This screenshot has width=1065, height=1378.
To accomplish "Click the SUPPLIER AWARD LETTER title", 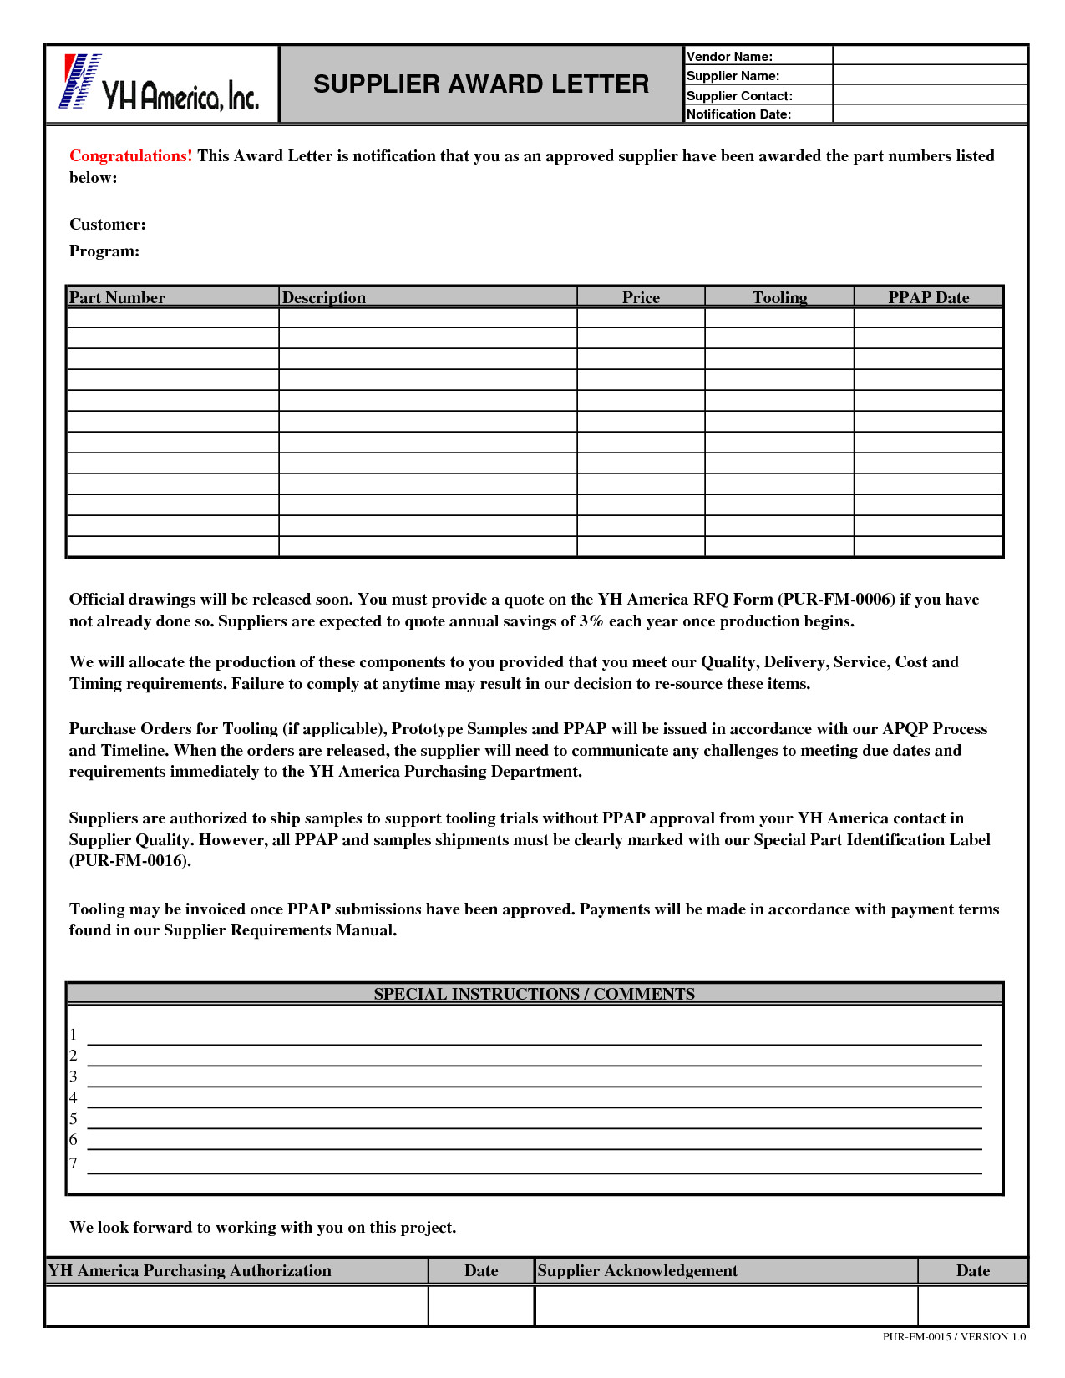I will (x=481, y=84).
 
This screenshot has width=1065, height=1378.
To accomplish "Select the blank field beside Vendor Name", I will (x=930, y=56).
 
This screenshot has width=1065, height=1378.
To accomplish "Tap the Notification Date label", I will (x=738, y=114).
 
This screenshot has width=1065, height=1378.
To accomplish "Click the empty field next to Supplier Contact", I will (x=930, y=95).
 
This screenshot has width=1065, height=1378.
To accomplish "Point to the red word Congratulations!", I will (x=130, y=156).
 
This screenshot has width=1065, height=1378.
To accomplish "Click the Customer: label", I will (x=107, y=225).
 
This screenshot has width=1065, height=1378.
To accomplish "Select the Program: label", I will (x=104, y=251).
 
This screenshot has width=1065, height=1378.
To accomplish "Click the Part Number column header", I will (x=117, y=297).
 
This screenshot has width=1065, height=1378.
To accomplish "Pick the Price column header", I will (x=641, y=297).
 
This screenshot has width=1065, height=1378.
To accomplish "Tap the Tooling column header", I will (x=779, y=297).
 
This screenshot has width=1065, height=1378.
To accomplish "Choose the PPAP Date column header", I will (x=928, y=297).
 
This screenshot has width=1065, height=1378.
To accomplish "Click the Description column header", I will (x=324, y=297).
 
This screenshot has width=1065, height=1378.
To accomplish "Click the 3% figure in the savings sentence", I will (x=591, y=621).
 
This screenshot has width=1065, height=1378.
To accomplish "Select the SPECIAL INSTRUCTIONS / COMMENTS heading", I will (x=534, y=994).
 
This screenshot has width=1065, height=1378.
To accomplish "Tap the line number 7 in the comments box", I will (x=74, y=1163).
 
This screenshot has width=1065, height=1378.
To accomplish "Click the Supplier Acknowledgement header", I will (x=637, y=1271).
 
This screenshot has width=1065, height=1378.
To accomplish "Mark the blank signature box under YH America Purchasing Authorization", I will (x=236, y=1306).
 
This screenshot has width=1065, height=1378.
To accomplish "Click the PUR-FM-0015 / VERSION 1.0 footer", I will (x=954, y=1337).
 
